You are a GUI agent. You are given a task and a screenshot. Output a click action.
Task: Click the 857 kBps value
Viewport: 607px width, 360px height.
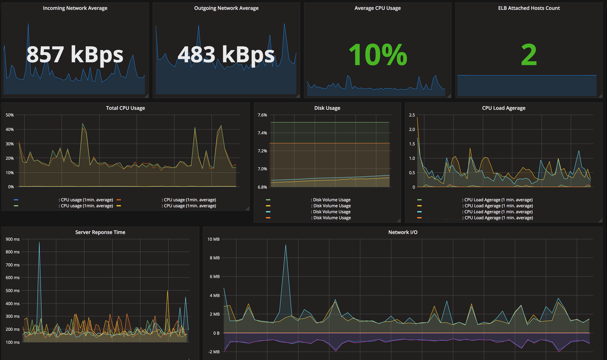75,55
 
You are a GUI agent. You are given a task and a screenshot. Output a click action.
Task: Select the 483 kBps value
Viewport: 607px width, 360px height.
226,55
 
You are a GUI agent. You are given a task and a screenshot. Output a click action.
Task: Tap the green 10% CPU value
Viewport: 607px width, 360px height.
378,55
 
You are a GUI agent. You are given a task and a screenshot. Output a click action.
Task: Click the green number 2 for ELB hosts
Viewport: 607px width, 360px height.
529,55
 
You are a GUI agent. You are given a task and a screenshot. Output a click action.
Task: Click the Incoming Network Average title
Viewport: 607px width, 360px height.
75,8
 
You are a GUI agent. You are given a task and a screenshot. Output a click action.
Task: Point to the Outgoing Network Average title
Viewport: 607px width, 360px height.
226,8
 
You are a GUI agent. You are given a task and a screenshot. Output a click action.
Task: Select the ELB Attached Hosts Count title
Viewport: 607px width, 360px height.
529,8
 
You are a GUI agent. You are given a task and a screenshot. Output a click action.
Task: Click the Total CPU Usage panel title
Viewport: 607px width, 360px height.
125,108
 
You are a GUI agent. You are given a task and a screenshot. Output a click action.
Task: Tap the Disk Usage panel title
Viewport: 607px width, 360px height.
327,108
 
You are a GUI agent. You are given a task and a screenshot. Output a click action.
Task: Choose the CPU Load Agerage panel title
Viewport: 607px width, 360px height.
503,108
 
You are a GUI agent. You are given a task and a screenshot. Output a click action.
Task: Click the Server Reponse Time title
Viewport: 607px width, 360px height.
100,232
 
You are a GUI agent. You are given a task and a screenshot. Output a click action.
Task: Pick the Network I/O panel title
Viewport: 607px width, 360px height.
403,232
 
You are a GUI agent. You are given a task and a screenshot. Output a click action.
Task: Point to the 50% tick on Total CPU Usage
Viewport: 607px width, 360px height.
10,115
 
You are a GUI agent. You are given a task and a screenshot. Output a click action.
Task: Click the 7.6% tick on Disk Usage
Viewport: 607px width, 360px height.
262,115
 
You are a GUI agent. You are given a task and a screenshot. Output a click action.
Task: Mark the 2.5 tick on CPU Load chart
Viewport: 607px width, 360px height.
412,115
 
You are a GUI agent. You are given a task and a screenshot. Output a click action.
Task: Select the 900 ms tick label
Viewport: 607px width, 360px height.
13,239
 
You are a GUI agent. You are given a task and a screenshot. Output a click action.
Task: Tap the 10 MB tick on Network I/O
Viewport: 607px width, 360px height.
213,239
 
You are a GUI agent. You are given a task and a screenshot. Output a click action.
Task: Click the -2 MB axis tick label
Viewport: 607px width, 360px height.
214,352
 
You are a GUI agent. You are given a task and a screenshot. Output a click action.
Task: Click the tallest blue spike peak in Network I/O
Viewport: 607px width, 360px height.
285,245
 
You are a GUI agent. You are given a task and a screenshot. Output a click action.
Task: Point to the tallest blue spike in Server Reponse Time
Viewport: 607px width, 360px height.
39,243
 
